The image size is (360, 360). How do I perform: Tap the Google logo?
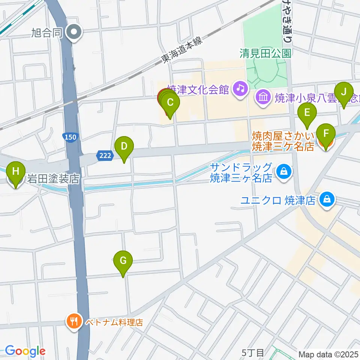[x=25, y=351]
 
